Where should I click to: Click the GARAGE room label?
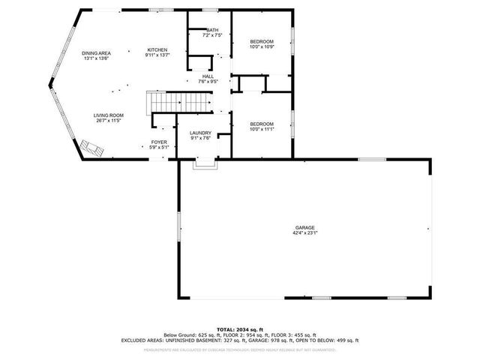click(304, 227)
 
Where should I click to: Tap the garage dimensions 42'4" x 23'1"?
click(304, 232)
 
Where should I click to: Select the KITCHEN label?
click(157, 49)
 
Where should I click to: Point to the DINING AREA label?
click(97, 52)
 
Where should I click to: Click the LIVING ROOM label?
click(108, 115)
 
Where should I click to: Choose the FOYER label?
click(158, 142)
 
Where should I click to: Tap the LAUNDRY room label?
click(200, 133)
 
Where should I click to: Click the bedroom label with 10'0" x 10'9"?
click(261, 41)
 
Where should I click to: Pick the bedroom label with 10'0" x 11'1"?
click(261, 124)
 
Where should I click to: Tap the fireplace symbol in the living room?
click(91, 148)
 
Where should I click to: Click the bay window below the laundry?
click(202, 163)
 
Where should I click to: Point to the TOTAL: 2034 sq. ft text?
click(240, 329)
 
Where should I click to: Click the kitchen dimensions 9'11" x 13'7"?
click(157, 55)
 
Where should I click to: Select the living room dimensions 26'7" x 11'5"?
click(108, 120)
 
